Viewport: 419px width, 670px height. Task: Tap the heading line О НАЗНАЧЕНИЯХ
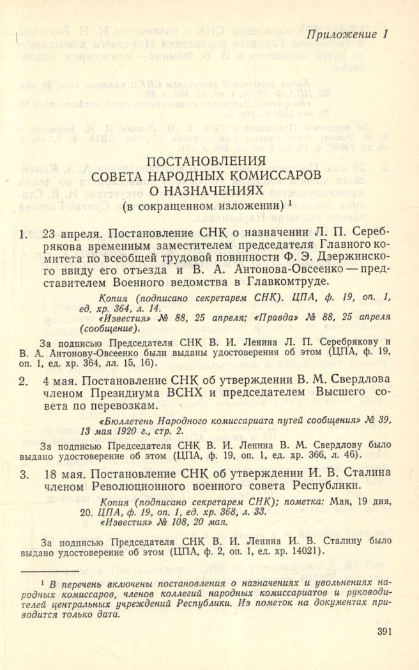206,190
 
